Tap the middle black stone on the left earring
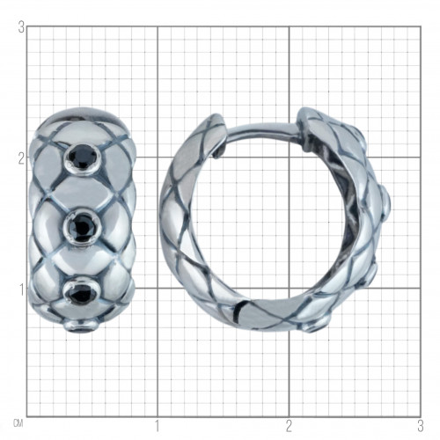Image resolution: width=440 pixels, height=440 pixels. pyautogui.click(x=83, y=226)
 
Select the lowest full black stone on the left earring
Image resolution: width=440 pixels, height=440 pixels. pyautogui.click(x=81, y=292)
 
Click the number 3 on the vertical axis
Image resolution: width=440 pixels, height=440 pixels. pyautogui.click(x=21, y=28)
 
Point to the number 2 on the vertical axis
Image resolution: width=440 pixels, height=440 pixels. pyautogui.click(x=21, y=159)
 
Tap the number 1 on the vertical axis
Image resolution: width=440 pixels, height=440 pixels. pyautogui.click(x=22, y=290)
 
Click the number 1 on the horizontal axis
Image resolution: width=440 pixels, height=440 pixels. pyautogui.click(x=158, y=426)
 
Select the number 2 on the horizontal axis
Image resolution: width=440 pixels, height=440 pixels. pyautogui.click(x=290, y=426)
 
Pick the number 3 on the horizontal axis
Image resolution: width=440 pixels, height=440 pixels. pyautogui.click(x=421, y=426)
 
